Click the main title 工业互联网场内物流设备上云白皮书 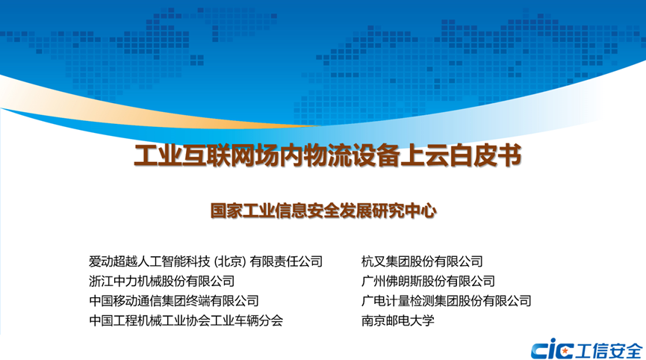click(328, 155)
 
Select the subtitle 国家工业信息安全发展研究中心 click(323, 211)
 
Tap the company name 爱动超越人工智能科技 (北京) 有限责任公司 click(205, 261)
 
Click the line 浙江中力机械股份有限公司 click(161, 281)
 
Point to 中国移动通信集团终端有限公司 click(174, 301)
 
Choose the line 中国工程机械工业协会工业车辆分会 click(186, 320)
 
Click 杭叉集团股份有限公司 click(422, 261)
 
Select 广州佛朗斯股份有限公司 click(428, 281)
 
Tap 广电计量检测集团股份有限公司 click(446, 301)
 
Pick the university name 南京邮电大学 click(397, 320)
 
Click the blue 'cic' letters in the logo click(552, 350)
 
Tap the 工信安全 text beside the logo click(609, 350)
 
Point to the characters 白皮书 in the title click(486, 155)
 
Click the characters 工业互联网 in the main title click(194, 155)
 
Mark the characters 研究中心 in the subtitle click(405, 211)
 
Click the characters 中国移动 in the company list click(113, 301)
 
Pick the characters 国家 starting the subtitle click(226, 211)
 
